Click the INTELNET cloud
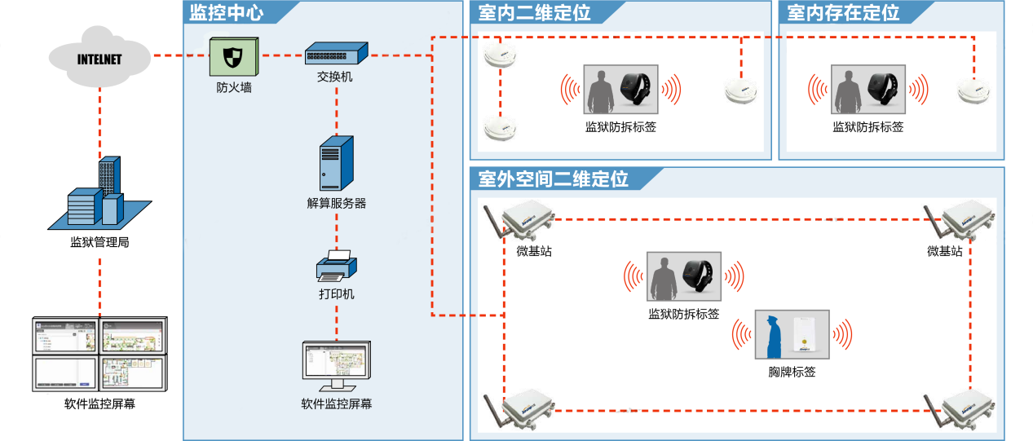99,59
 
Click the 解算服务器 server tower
337,164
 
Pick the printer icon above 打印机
336,266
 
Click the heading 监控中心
226,13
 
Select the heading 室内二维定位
535,13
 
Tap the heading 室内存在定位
844,13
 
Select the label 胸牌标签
792,372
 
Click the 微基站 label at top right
944,251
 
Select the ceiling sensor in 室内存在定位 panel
973,89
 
